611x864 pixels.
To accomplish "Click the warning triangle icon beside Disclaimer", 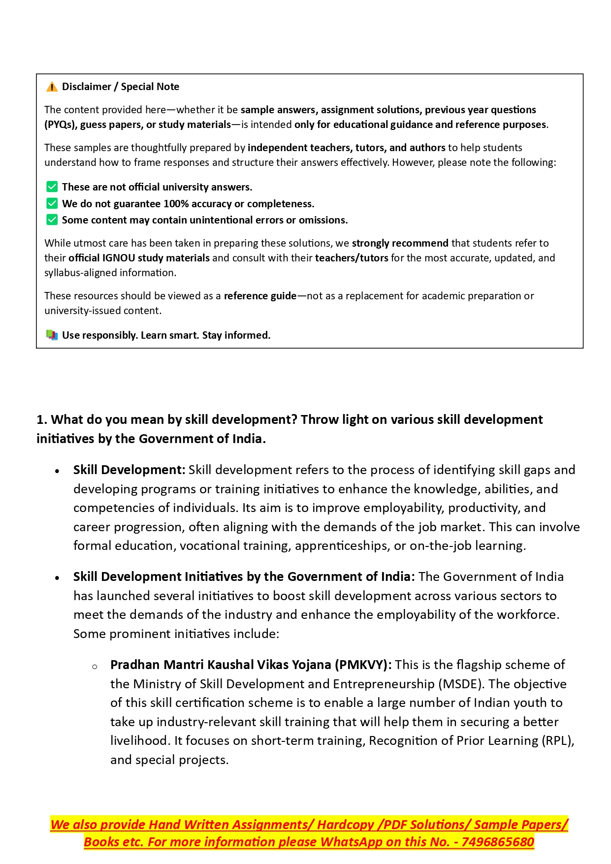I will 52,87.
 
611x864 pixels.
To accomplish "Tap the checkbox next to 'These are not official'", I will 52,187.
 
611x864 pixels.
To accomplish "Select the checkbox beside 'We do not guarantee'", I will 52,203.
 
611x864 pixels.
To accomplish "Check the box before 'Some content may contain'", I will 52,220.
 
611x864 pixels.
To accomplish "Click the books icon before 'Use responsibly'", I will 52,335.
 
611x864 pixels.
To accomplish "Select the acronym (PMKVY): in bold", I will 363,665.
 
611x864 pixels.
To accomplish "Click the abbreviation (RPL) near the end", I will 557,740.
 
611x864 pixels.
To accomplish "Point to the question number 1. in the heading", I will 42,419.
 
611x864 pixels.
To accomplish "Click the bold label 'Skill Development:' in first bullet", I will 129,470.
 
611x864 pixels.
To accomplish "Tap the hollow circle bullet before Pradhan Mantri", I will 95,667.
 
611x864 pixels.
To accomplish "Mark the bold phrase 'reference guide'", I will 260,296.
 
